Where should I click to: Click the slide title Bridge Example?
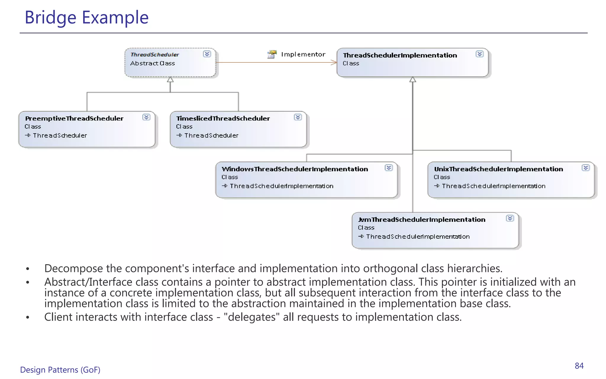[x=86, y=17]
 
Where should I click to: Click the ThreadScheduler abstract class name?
[x=155, y=55]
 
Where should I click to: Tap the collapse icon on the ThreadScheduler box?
[x=207, y=54]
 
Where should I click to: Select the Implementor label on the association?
[x=303, y=54]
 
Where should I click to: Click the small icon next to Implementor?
[x=272, y=54]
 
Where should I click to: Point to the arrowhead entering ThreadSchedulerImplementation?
[x=334, y=62]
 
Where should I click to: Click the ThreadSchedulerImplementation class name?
[x=400, y=55]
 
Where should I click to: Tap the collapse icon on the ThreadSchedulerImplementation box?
[x=480, y=54]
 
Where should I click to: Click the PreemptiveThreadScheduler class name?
[x=74, y=118]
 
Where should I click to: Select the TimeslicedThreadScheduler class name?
[x=223, y=118]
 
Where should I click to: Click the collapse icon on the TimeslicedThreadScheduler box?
[x=298, y=117]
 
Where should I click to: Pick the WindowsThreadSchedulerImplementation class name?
[x=295, y=169]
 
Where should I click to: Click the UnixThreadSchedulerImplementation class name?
[x=498, y=169]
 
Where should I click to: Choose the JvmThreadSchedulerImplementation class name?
[x=422, y=220]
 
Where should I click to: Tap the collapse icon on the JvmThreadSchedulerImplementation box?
[x=510, y=219]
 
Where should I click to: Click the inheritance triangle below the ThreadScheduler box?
[x=170, y=80]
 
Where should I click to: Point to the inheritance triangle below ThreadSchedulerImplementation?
[x=413, y=80]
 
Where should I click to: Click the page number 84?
[x=579, y=366]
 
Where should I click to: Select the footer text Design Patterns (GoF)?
[x=60, y=370]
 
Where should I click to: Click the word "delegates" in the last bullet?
[x=252, y=317]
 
